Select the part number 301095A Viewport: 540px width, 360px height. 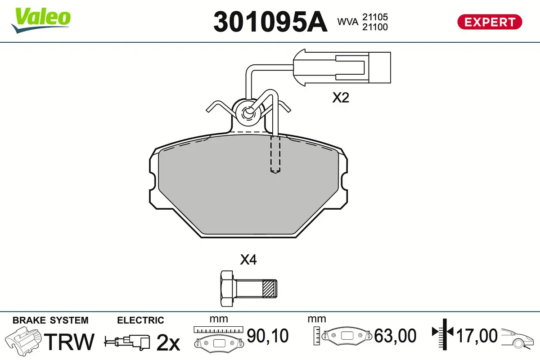(x=270, y=21)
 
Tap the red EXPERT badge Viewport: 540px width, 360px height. (x=490, y=22)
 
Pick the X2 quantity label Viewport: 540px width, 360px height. (x=341, y=98)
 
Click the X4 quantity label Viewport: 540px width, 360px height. (x=248, y=260)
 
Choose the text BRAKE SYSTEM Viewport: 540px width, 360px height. (x=50, y=320)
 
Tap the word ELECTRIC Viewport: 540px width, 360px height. (x=140, y=320)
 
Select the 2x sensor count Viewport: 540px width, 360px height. (x=168, y=342)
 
